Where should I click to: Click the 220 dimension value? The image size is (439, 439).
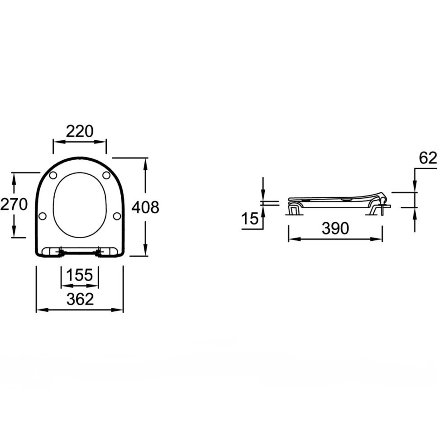(x=80, y=131)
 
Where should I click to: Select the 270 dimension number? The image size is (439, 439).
(x=14, y=204)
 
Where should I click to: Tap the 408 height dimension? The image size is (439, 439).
(x=145, y=207)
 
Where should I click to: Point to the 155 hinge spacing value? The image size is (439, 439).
(x=80, y=275)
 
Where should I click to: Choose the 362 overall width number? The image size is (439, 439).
(x=80, y=299)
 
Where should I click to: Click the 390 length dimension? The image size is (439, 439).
(x=335, y=228)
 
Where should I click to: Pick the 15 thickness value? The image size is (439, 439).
(x=250, y=219)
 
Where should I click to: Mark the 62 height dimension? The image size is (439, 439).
(x=428, y=158)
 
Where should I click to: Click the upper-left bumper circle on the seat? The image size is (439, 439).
(x=53, y=175)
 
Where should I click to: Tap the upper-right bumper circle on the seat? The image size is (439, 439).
(x=106, y=175)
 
